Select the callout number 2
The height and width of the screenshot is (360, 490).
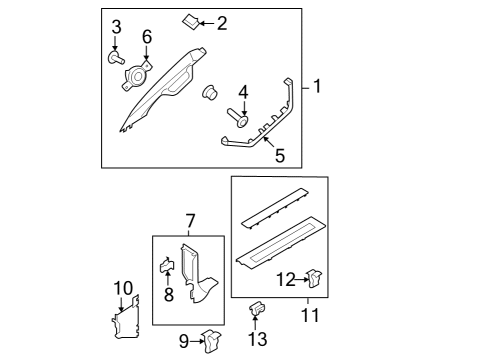[x=222, y=21]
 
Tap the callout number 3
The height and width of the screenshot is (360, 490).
[x=116, y=25]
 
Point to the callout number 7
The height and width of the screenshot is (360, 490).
[x=188, y=218]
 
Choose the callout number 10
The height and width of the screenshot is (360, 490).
[x=122, y=289]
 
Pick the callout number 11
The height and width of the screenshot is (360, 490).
[x=310, y=316]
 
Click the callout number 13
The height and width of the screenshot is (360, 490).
[x=257, y=340]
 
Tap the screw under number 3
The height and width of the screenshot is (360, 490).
[x=115, y=57]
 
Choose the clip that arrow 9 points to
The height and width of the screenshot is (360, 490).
[x=212, y=341]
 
